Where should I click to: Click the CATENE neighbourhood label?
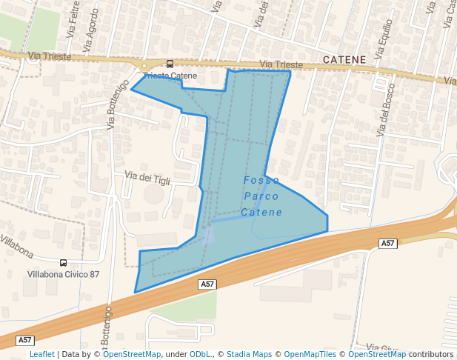[344, 59]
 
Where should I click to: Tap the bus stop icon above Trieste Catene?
[170, 64]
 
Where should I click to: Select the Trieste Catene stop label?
[170, 76]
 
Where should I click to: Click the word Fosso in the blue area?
[261, 180]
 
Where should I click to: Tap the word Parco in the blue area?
[261, 196]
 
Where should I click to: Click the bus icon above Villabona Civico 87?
[63, 262]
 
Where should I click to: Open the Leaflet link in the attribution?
[42, 354]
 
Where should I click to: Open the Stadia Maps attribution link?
[249, 354]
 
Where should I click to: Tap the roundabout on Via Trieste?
[145, 65]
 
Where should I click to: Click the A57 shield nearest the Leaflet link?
[26, 340]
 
